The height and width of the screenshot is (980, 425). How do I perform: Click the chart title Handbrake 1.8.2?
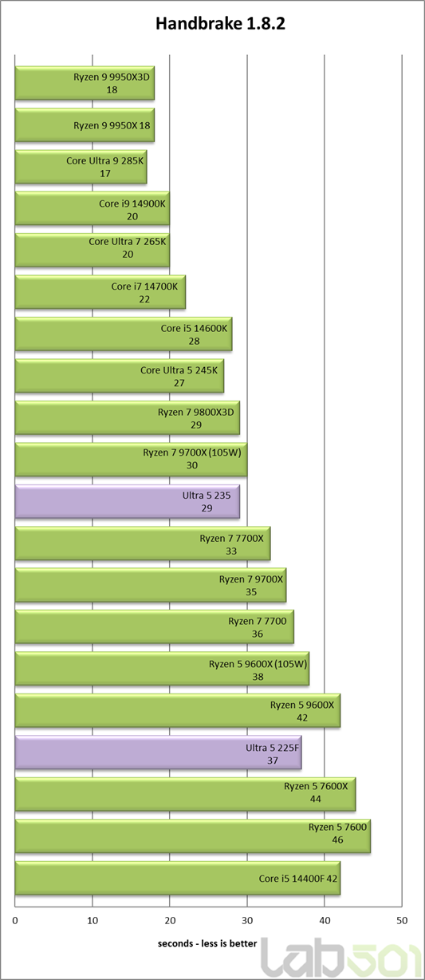[x=220, y=24]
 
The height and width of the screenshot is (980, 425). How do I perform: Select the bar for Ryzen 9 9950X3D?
[x=85, y=83]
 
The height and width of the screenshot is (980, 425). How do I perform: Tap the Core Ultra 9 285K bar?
[x=81, y=167]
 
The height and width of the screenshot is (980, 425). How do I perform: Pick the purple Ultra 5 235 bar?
[x=128, y=501]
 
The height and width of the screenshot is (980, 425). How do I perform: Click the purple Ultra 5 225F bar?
[x=159, y=753]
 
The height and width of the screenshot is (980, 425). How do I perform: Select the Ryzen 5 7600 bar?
[x=193, y=836]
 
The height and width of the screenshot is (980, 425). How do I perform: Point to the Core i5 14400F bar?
[x=178, y=879]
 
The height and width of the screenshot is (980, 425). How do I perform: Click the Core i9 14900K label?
[x=132, y=204]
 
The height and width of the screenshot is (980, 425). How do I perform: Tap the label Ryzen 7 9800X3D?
[x=196, y=412]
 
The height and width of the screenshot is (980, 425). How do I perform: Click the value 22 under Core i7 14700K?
[x=144, y=299]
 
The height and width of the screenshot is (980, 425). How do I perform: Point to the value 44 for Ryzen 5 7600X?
[x=315, y=799]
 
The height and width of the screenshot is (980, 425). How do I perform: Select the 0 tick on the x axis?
[x=15, y=920]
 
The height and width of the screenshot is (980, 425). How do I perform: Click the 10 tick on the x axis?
[x=92, y=920]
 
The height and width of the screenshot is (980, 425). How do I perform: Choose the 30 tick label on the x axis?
[x=247, y=920]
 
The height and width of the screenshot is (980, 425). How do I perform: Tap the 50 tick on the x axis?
[x=402, y=920]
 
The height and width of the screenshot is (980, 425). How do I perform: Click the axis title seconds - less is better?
[x=207, y=943]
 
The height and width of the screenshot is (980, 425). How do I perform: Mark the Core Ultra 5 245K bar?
[x=120, y=376]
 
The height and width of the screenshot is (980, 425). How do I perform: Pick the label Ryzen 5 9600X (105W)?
[x=258, y=664]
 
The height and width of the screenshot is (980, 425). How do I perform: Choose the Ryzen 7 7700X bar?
[x=143, y=543]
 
